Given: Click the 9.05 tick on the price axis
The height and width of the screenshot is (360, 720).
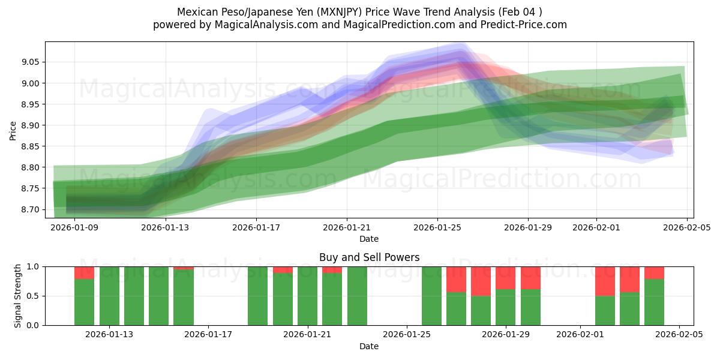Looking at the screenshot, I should click(x=31, y=62).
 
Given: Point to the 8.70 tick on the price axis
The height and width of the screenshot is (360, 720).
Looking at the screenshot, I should click(x=31, y=209).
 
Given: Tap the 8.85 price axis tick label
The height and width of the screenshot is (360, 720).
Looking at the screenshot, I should click(x=31, y=146).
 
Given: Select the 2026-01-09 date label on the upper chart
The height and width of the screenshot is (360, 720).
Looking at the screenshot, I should click(x=75, y=227).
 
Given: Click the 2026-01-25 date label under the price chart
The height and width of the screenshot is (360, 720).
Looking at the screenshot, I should click(x=437, y=227).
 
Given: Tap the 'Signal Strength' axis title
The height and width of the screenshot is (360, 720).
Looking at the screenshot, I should click(x=18, y=296).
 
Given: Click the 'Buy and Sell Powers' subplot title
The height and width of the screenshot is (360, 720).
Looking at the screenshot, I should click(x=369, y=257).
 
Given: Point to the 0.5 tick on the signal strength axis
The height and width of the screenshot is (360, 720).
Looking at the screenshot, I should click(x=34, y=296).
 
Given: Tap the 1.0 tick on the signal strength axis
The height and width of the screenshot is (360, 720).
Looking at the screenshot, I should click(x=34, y=266).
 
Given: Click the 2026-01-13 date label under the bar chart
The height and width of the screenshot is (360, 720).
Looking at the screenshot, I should click(x=109, y=335).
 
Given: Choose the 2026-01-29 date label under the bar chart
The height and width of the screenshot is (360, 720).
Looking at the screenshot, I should click(x=506, y=335).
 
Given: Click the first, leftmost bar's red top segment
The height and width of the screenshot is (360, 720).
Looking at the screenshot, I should click(x=84, y=272).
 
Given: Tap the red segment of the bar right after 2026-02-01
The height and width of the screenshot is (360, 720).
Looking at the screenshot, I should click(x=605, y=281).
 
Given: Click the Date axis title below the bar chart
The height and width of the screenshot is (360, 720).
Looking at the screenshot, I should click(x=369, y=346).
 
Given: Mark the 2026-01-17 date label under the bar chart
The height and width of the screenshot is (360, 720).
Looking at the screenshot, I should click(x=208, y=335).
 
